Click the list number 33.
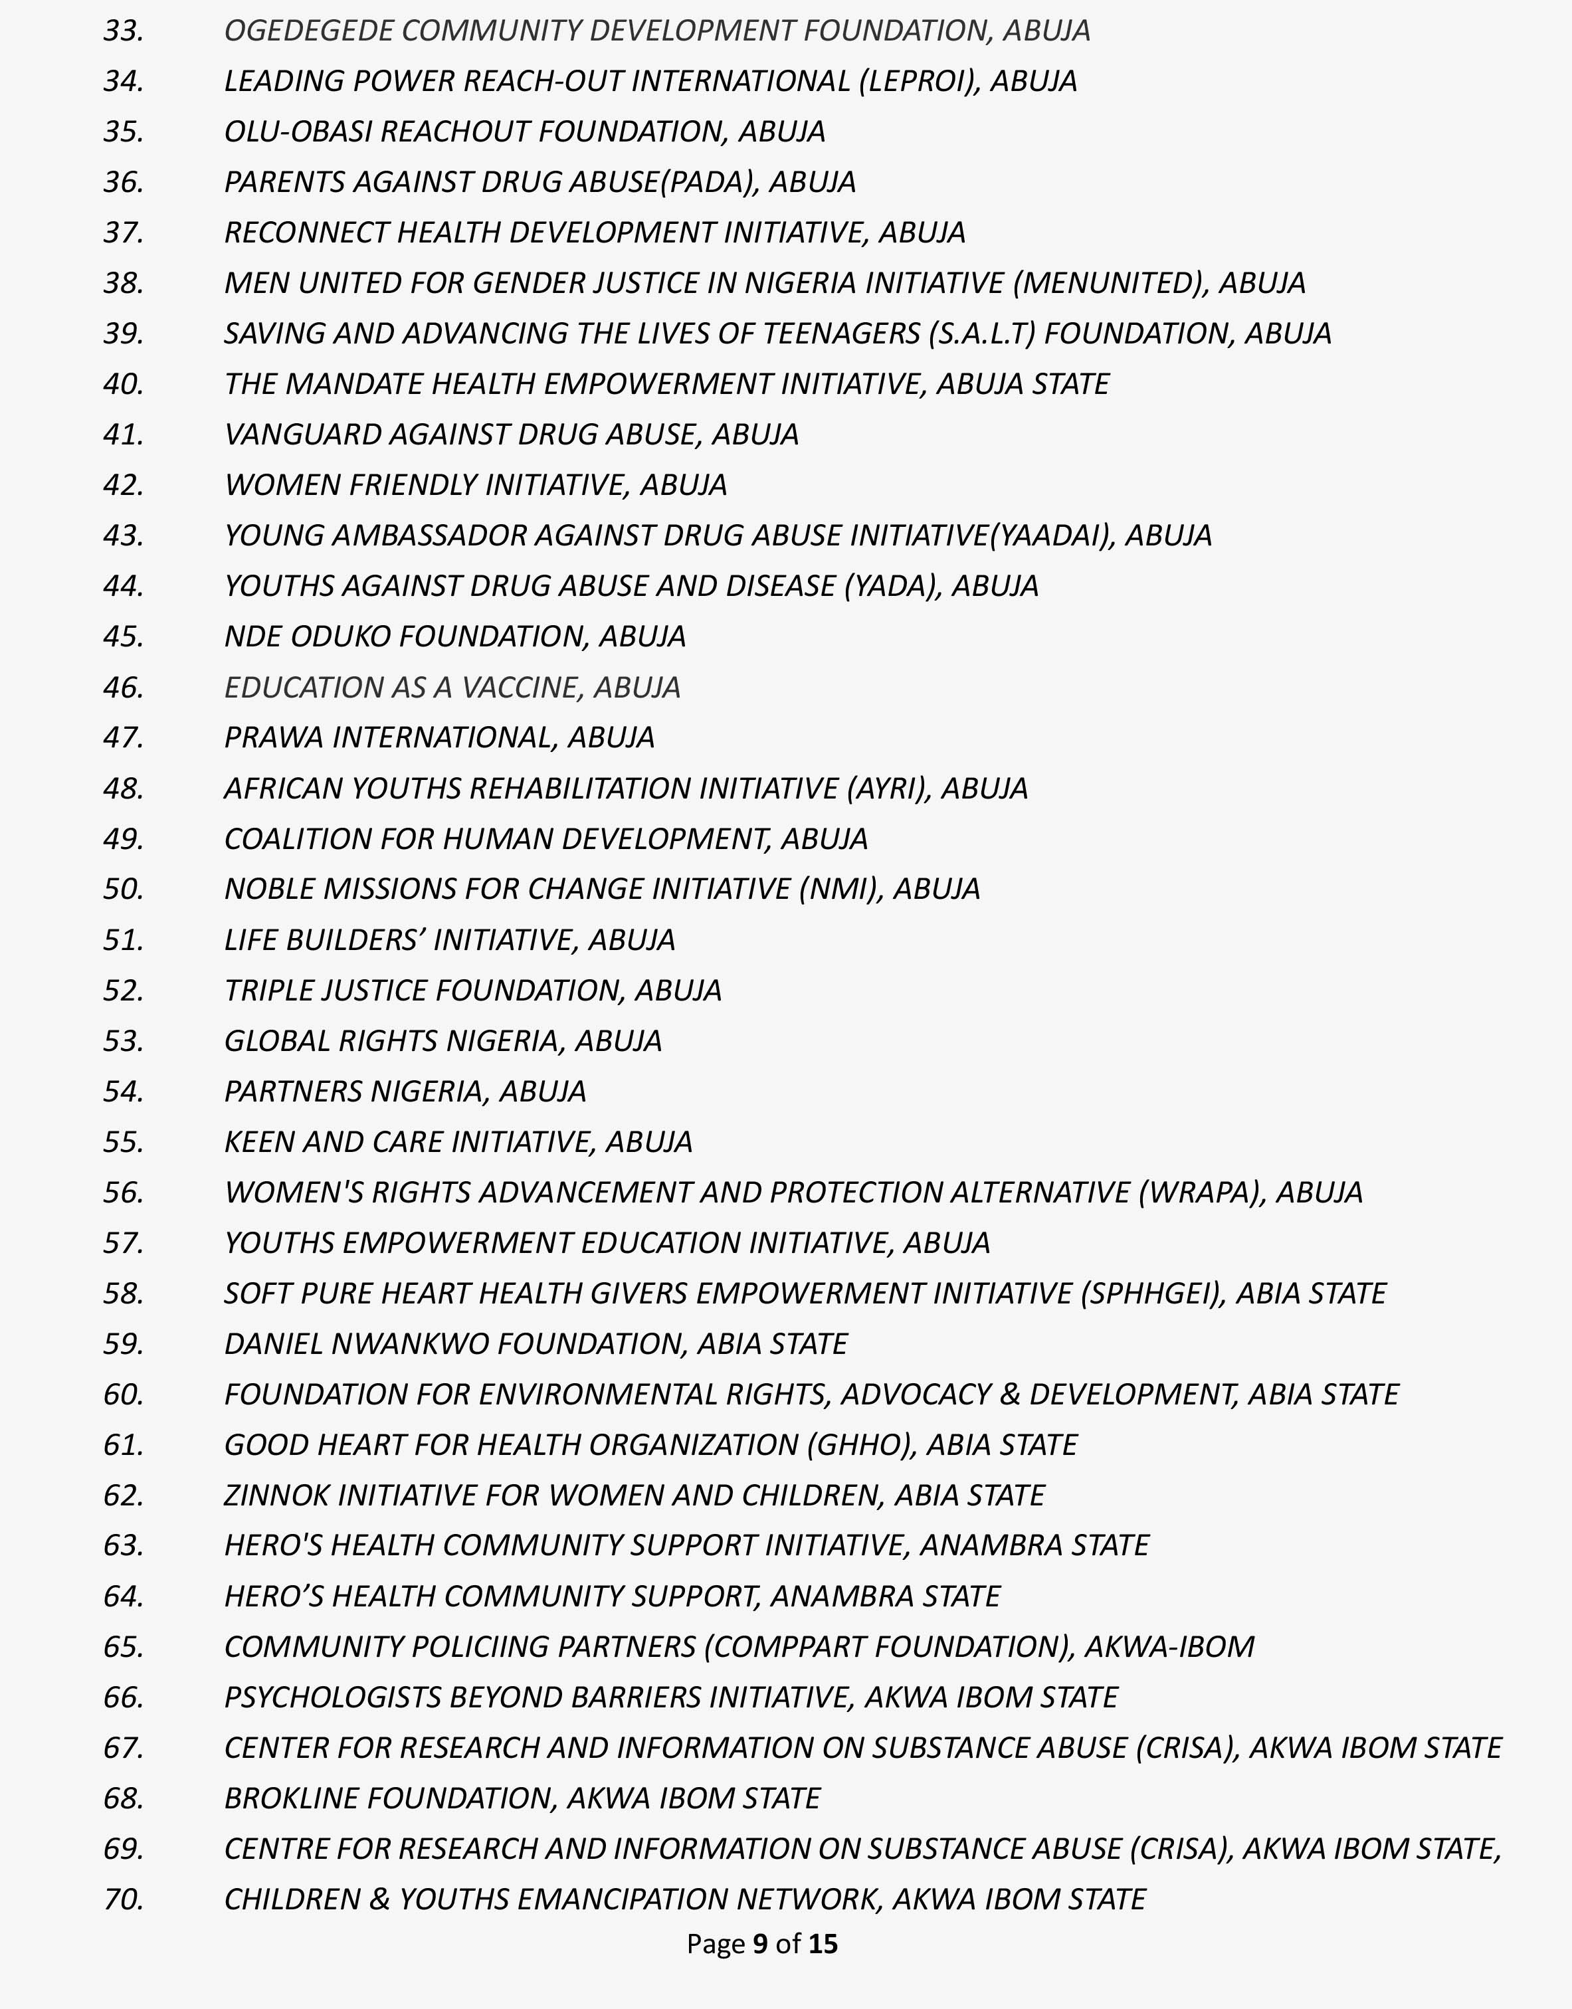124,31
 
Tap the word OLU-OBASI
298,132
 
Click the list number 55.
124,1143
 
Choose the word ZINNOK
276,1495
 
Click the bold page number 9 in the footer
760,1944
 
